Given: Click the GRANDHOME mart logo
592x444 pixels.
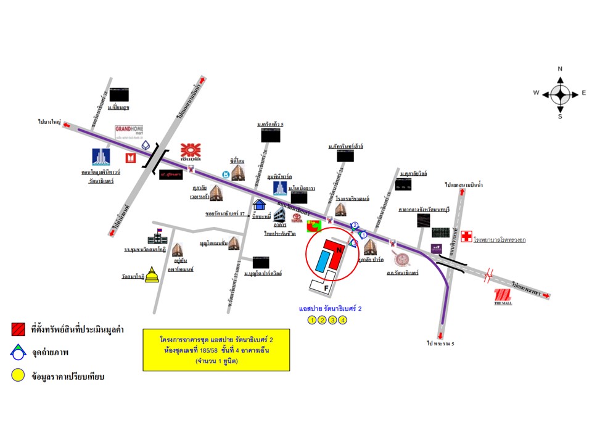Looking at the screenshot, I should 129,133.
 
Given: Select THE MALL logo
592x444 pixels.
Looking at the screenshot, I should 503,296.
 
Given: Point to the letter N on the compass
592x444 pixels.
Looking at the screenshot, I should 560,68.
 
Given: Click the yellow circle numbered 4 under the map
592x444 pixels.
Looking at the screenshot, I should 343,319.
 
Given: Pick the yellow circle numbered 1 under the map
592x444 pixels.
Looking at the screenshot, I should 312,319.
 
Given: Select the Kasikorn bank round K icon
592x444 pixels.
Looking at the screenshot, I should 227,175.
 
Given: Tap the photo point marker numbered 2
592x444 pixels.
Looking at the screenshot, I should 355,225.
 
